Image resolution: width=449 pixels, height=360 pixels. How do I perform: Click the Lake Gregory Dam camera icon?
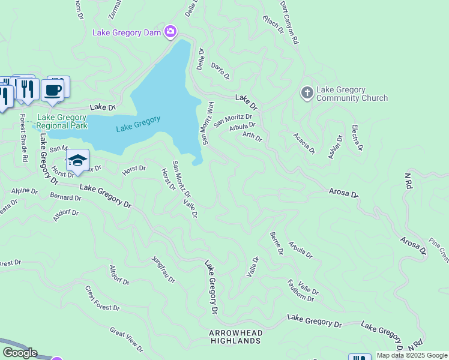[170, 32]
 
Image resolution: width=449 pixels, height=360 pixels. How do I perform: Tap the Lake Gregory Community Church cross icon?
[307, 93]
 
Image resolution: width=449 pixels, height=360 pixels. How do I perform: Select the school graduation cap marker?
[77, 160]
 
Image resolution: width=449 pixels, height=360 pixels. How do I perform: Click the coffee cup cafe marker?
[53, 90]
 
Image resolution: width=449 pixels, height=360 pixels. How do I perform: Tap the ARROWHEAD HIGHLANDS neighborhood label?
[235, 337]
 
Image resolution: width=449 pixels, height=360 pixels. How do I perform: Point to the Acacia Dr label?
[303, 143]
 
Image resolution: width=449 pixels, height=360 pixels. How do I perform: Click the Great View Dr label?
[127, 339]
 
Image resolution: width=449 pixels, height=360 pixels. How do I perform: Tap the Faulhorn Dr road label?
[301, 290]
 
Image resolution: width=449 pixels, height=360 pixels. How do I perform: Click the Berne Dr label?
[276, 243]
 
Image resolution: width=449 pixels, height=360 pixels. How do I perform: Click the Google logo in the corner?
[20, 352]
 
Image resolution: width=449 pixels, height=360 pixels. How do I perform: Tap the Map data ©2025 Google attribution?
[412, 355]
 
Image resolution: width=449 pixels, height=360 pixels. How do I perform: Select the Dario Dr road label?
[220, 71]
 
